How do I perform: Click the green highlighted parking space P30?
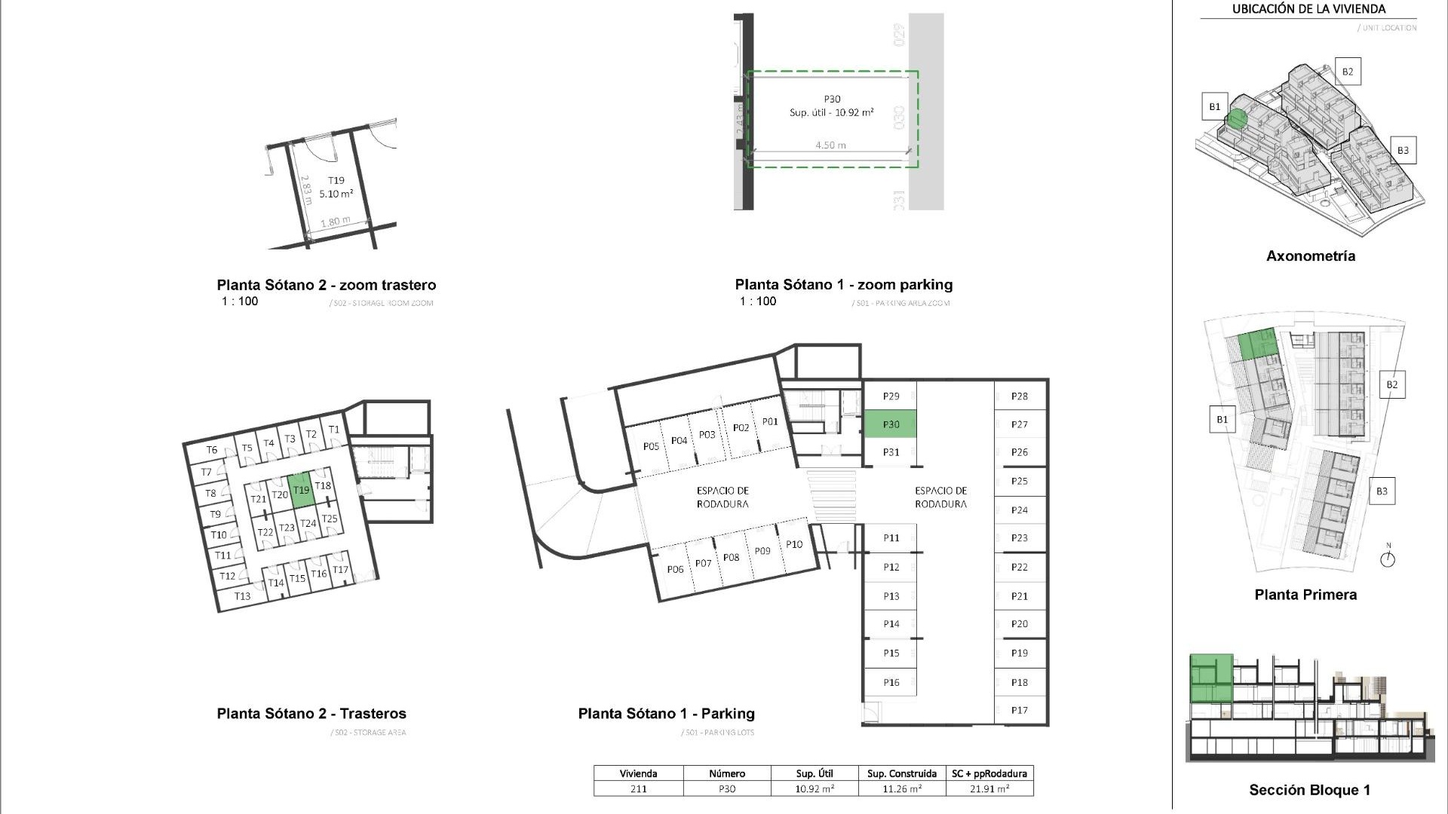[x=890, y=424]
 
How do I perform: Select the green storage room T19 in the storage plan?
[x=301, y=490]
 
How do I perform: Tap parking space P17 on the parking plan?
[x=1020, y=710]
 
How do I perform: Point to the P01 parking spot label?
[x=769, y=422]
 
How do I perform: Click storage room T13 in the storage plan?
[x=242, y=596]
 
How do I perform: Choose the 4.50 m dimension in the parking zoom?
[x=830, y=145]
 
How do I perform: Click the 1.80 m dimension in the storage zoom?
[x=335, y=222]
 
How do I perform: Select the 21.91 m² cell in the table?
[x=989, y=789]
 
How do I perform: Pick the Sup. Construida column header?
[x=901, y=773]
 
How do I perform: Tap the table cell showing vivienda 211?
[x=638, y=789]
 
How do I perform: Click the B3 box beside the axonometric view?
[x=1403, y=150]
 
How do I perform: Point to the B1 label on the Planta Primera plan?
[x=1222, y=420]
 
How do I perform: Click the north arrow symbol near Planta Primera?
[x=1388, y=559]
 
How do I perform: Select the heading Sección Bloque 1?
[x=1309, y=790]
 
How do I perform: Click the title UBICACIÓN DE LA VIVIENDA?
[x=1308, y=10]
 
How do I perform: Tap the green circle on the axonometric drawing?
[x=1236, y=118]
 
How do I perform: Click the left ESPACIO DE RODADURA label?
[x=722, y=497]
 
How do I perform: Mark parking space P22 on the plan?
[x=1020, y=568]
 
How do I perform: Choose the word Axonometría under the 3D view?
[x=1310, y=256]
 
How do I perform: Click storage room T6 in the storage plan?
[x=212, y=450]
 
